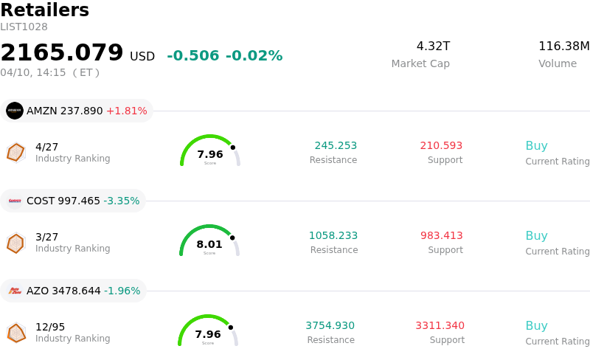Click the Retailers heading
44,10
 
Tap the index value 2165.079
62,53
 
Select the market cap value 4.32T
433,46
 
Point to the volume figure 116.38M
563,46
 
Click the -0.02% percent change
254,56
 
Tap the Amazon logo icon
15,111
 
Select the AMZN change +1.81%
126,111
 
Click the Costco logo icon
15,201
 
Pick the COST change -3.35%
121,201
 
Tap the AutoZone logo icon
15,291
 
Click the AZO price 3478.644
76,291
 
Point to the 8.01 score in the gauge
209,244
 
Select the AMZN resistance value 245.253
336,146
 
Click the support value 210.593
441,146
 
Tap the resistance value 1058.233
333,236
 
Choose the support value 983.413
441,236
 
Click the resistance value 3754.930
330,326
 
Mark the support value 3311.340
440,326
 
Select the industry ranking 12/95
50,326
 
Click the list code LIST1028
24,27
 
